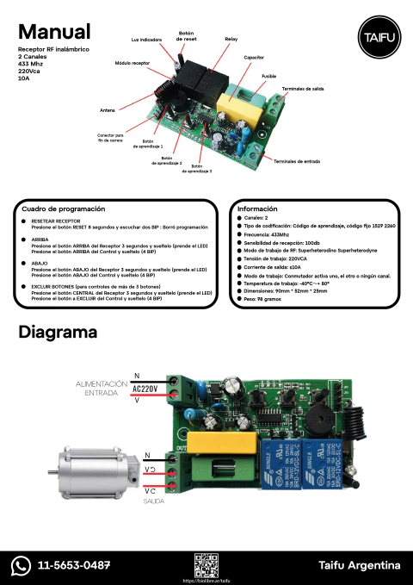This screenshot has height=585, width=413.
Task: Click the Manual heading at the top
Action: (53, 33)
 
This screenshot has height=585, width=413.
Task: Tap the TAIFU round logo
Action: (374, 38)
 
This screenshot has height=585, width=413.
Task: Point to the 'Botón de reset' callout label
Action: (186, 36)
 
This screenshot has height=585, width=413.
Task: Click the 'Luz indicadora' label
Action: (146, 40)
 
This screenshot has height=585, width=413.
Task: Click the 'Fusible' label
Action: (269, 77)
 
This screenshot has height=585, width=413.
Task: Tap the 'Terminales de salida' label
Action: (303, 89)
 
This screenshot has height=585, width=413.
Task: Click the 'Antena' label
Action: (108, 110)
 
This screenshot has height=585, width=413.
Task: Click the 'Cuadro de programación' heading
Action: (63, 208)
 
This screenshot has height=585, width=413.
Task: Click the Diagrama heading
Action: (57, 332)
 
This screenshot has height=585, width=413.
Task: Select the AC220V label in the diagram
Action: (145, 388)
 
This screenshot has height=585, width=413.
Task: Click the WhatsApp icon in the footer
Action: (22, 565)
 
